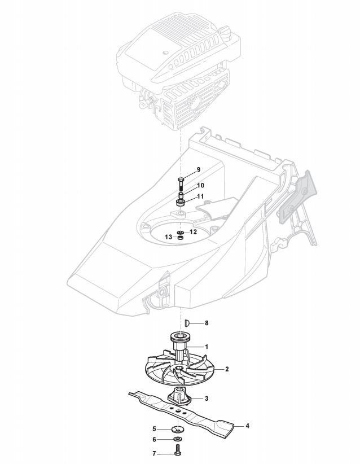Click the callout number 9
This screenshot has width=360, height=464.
point(198,170)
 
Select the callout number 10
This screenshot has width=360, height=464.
point(200,185)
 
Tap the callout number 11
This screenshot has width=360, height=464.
point(200,196)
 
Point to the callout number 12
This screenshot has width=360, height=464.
point(193,231)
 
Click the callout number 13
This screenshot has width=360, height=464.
point(168,238)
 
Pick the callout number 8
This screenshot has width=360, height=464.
point(207,323)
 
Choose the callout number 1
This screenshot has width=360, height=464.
point(207,346)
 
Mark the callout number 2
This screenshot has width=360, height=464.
point(226,369)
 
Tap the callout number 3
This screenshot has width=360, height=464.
point(207,399)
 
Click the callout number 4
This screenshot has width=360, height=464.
point(247,426)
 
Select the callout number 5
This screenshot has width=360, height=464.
point(153,430)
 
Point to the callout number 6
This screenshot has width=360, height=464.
point(153,440)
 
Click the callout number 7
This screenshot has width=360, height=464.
point(153,453)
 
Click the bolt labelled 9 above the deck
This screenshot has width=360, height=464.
point(181,183)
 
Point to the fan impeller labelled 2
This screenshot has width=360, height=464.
point(169,370)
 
